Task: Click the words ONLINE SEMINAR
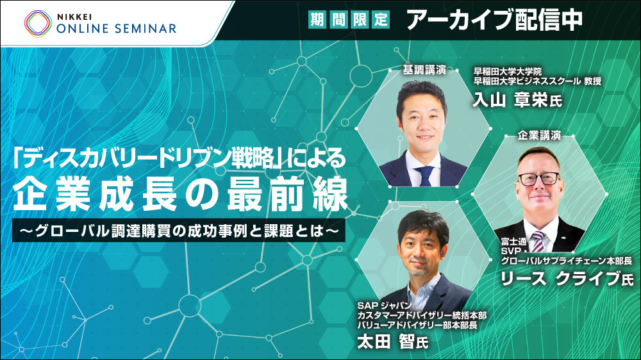[117, 29]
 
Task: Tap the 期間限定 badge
[349, 19]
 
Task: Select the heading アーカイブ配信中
[495, 20]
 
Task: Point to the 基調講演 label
[424, 70]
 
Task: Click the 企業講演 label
[539, 135]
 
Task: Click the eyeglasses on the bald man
[538, 179]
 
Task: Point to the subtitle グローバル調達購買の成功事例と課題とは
[179, 231]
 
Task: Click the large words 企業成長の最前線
[180, 195]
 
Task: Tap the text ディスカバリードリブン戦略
[147, 159]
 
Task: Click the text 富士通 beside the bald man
[513, 242]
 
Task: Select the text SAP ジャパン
[384, 306]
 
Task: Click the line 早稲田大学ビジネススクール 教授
[537, 81]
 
